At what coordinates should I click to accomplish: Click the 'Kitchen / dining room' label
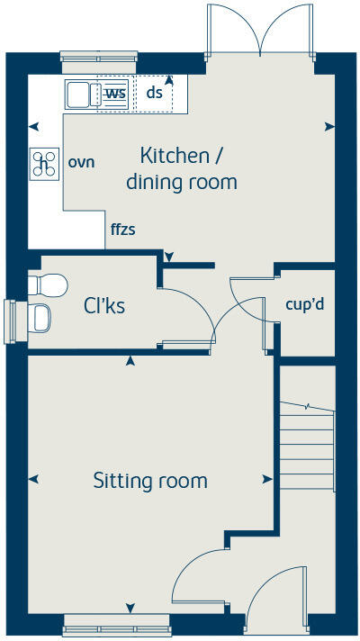point(182,167)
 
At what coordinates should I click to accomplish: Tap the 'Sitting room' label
point(150,481)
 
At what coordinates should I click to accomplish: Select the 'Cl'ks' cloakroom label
point(104,306)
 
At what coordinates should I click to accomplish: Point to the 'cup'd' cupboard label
point(304,304)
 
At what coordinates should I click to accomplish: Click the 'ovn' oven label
point(81,163)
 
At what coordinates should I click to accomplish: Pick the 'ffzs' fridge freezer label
point(122,229)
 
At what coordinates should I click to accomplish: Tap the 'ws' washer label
point(115,93)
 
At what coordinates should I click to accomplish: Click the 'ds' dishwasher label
point(154,92)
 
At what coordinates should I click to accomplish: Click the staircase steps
point(307,450)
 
